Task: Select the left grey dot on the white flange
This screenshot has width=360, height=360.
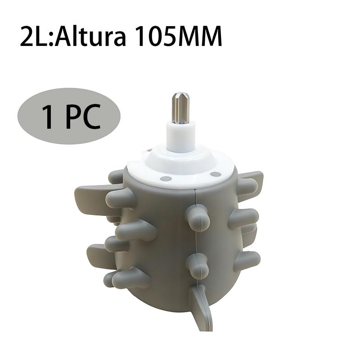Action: pos(166,178)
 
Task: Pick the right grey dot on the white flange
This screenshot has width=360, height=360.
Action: pos(216,174)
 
